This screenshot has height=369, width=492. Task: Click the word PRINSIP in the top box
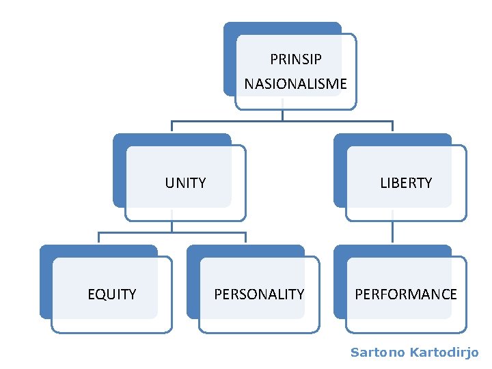pyautogui.click(x=295, y=59)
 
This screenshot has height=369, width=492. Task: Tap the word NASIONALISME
pyautogui.click(x=295, y=84)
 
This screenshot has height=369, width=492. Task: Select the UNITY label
pyautogui.click(x=185, y=183)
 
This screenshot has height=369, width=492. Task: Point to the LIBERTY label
pyautogui.click(x=406, y=183)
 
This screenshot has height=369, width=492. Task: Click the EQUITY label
pyautogui.click(x=112, y=295)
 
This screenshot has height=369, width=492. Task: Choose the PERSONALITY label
pyautogui.click(x=259, y=295)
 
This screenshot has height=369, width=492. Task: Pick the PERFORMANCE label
pyautogui.click(x=406, y=295)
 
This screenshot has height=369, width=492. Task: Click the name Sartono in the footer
pyautogui.click(x=377, y=353)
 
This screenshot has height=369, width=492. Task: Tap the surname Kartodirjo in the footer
pyautogui.click(x=444, y=353)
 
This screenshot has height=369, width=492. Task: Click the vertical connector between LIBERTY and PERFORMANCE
pyautogui.click(x=392, y=232)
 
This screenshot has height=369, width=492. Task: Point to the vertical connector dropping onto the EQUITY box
pyautogui.click(x=98, y=238)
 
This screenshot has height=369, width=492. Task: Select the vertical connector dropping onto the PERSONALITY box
pyautogui.click(x=245, y=238)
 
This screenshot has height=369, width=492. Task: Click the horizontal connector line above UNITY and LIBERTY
pyautogui.click(x=282, y=122)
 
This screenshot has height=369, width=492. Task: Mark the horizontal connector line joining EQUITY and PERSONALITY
pyautogui.click(x=172, y=233)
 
